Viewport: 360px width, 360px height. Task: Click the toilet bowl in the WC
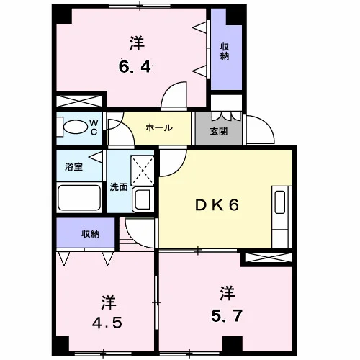tap(75, 127)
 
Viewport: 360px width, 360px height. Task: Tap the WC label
tap(94, 127)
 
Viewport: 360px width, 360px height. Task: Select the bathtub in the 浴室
tap(79, 197)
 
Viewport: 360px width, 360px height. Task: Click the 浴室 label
tap(73, 167)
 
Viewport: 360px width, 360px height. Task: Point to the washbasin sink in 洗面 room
tap(142, 199)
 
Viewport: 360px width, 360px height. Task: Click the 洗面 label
tap(119, 187)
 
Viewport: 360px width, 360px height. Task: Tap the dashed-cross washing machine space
tap(142, 171)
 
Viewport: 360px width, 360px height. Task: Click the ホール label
tap(159, 127)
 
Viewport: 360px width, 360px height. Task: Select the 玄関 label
tap(219, 131)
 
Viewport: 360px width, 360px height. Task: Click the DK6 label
tap(217, 205)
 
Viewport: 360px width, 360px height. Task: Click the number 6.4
tap(135, 67)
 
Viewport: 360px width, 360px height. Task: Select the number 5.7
tap(227, 315)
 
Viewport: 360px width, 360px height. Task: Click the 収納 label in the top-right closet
tap(225, 52)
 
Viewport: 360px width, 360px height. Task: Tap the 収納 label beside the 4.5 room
tap(90, 234)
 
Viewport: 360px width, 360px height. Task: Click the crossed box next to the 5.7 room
tap(268, 258)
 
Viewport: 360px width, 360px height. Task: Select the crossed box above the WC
tap(79, 101)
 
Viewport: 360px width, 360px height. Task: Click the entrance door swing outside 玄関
tap(261, 130)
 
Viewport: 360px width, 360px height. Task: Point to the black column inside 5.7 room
tap(233, 343)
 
